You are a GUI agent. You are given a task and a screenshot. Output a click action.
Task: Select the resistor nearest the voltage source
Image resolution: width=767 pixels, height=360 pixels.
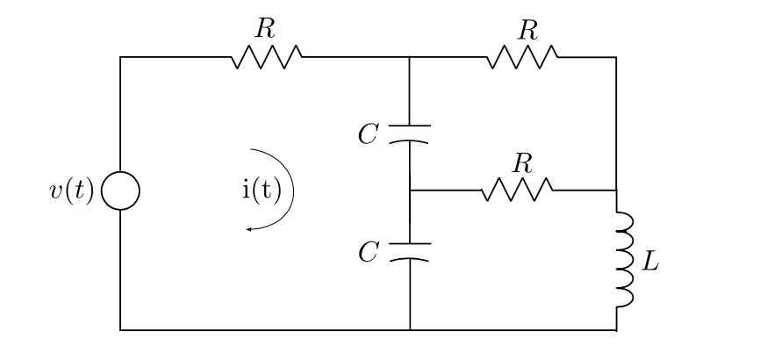[267, 58]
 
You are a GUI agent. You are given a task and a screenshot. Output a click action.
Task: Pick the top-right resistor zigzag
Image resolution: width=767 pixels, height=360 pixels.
[522, 58]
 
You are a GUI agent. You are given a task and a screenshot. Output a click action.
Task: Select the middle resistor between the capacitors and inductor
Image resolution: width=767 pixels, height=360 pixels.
[517, 190]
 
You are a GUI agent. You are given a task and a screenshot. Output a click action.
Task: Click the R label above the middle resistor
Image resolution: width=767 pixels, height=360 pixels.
[524, 162]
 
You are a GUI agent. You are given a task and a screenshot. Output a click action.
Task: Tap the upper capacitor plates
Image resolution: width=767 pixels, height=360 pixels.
[410, 133]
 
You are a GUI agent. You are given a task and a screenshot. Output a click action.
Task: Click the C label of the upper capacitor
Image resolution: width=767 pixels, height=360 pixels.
[369, 134]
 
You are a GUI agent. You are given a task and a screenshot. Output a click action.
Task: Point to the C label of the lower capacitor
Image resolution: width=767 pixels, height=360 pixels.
[369, 253]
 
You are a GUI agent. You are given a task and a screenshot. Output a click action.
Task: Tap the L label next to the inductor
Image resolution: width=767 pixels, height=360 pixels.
[649, 261]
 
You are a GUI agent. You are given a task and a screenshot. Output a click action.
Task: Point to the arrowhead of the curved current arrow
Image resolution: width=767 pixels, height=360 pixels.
[249, 229]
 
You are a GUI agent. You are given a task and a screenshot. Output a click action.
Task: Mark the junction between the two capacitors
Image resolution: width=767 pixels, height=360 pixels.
[410, 190]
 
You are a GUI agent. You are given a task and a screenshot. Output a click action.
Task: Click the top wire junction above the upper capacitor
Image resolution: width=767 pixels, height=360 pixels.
[410, 58]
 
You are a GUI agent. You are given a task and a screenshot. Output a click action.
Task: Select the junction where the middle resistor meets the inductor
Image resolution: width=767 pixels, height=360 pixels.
[616, 190]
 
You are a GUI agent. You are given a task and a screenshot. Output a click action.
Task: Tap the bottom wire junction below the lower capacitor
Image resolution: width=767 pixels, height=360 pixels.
[410, 330]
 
